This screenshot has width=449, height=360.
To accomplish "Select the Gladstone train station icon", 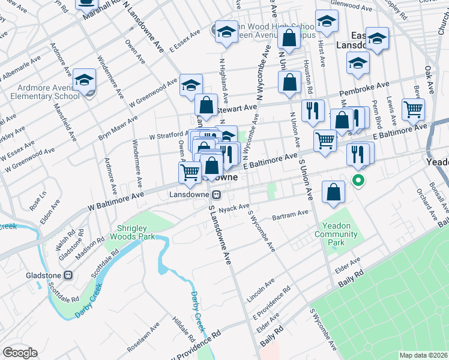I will (68, 275).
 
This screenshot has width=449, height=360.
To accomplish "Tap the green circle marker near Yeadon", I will (358, 179).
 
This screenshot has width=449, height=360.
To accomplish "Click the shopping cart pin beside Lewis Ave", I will (413, 109).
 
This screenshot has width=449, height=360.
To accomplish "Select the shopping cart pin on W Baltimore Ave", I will (190, 172).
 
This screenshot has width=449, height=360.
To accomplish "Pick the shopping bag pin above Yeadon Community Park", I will (333, 192).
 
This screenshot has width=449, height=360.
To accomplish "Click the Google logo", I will (20, 353).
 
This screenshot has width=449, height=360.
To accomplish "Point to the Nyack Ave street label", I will (234, 208).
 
